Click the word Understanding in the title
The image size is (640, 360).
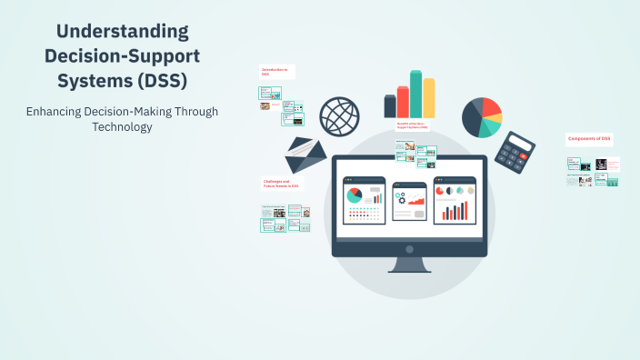(x=122, y=32)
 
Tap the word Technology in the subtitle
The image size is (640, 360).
(x=122, y=127)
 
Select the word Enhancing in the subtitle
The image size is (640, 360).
(x=56, y=111)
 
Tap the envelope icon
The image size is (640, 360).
(x=305, y=155)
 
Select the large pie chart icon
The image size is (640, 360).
(x=482, y=117)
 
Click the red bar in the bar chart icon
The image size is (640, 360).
(x=403, y=103)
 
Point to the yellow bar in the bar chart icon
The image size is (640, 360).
(x=428, y=98)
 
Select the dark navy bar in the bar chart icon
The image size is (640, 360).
(x=390, y=106)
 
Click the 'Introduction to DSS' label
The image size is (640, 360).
(x=275, y=72)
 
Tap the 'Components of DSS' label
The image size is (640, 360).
(x=589, y=139)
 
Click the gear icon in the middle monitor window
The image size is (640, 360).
(x=400, y=198)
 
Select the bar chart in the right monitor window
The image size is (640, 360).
(x=455, y=211)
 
